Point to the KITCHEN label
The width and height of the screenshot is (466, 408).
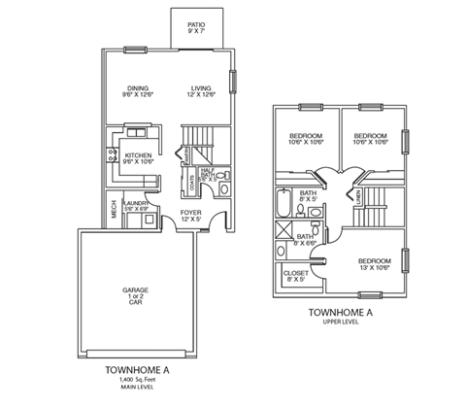139,157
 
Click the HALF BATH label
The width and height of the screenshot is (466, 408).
207,171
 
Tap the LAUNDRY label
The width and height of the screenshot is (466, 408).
138,204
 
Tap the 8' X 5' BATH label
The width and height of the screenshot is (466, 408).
309,197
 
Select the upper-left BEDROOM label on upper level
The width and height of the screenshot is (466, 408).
307,137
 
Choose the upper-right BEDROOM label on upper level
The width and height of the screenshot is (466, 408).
370,137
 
